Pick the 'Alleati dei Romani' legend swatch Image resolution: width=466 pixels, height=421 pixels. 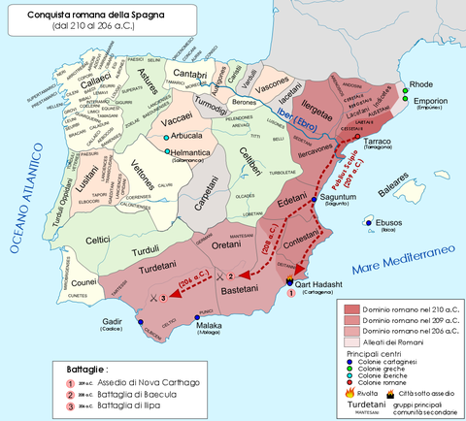[x=350, y=340]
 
